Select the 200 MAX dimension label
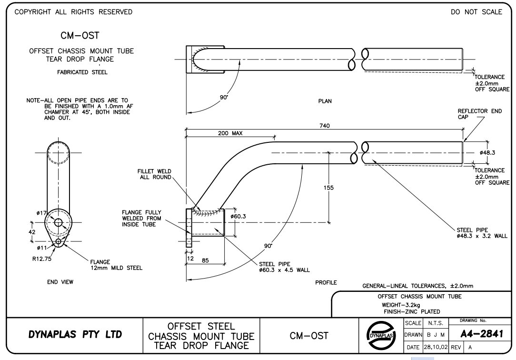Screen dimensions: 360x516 [230, 133]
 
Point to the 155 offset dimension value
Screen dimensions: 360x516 [328, 188]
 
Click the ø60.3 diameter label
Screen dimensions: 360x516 [238, 216]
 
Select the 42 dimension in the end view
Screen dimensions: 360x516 [32, 232]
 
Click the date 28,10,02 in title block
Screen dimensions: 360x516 [436, 348]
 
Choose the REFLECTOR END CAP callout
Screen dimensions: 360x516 [479, 114]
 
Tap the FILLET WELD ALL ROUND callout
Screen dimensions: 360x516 [154, 174]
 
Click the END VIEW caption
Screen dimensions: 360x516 [60, 282]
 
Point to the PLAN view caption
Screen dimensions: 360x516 [325, 101]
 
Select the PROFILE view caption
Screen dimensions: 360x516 [326, 282]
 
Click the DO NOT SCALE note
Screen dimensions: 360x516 [476, 12]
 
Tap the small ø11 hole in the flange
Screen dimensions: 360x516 [59, 242]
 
